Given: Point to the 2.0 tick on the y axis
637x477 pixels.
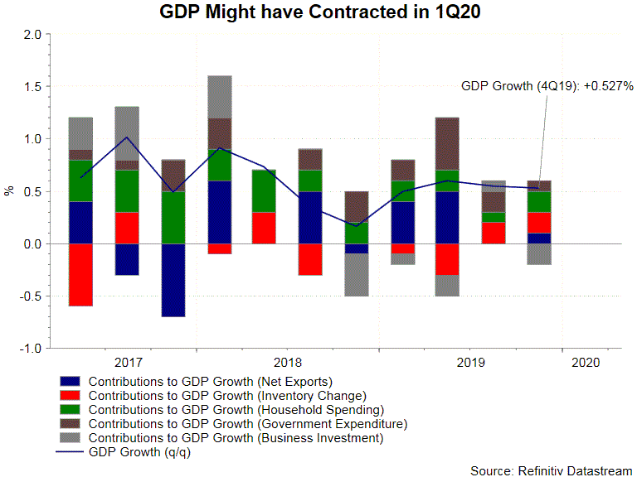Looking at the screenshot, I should (x=32, y=35).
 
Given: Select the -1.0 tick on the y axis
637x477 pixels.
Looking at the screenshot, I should (x=30, y=349).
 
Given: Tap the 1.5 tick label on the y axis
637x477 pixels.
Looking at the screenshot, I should (x=32, y=87).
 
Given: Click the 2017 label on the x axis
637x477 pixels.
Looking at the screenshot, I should (x=129, y=363).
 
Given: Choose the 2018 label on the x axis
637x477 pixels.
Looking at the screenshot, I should (x=288, y=363).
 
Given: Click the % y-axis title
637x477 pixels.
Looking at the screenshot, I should (x=10, y=190).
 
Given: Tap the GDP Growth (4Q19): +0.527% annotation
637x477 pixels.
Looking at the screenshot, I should (x=536, y=85).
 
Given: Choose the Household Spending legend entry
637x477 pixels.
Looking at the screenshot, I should (x=236, y=410).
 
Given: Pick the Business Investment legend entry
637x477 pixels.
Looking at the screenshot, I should (x=236, y=437).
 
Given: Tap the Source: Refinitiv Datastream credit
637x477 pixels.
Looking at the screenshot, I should (x=551, y=470).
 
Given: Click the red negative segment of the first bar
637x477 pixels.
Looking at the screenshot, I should (x=80, y=275).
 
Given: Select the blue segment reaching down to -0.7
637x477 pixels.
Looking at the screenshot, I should (x=173, y=280).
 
